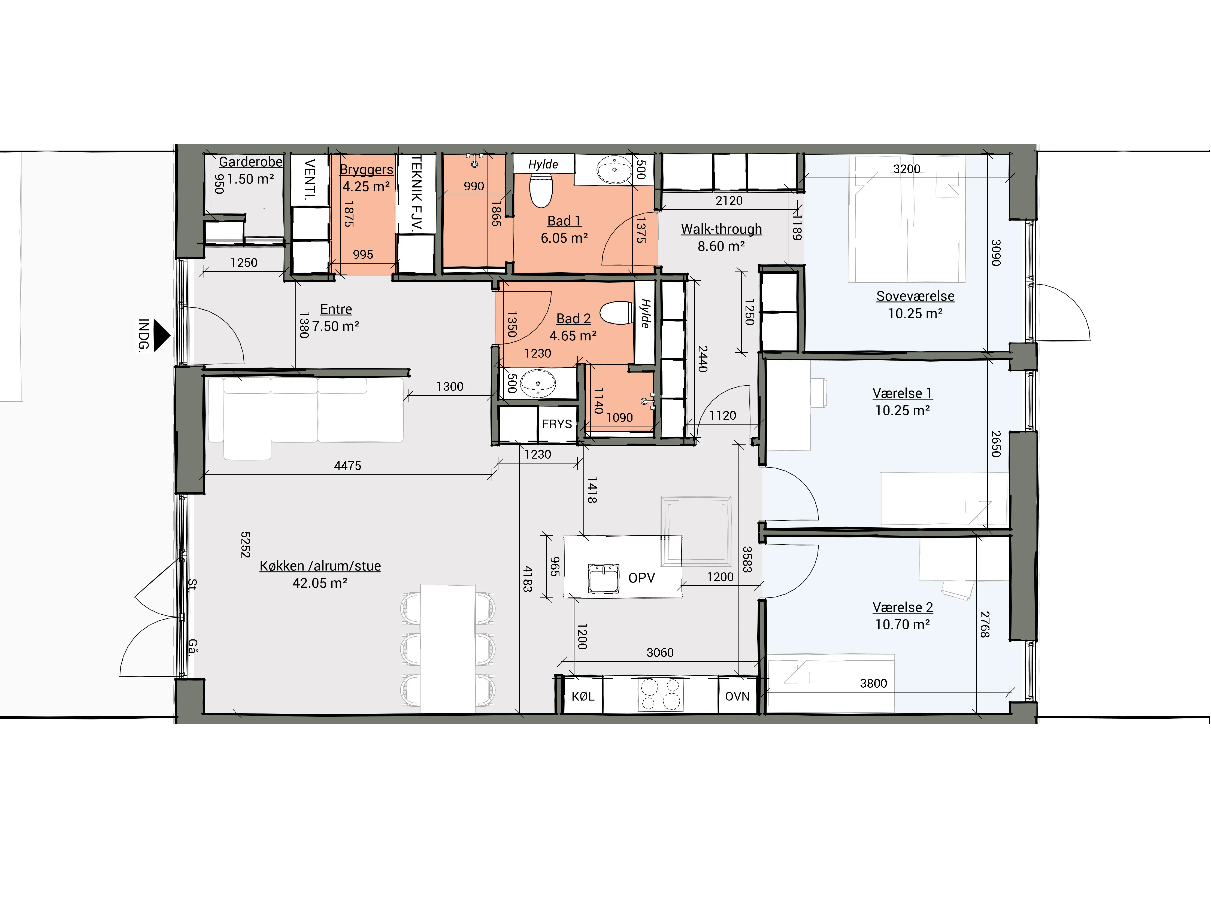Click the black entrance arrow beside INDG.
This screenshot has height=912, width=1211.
[161, 335]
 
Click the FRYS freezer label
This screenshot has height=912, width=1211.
[557, 424]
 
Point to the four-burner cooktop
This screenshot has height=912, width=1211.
[660, 695]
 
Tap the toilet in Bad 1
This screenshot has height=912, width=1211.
[541, 190]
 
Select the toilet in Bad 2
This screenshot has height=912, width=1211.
[617, 313]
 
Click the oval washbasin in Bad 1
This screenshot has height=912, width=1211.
[614, 170]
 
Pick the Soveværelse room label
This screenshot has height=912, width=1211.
[915, 296]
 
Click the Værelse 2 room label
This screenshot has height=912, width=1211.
[903, 607]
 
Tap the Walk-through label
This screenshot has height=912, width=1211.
[722, 229]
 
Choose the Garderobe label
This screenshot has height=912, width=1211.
[251, 162]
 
